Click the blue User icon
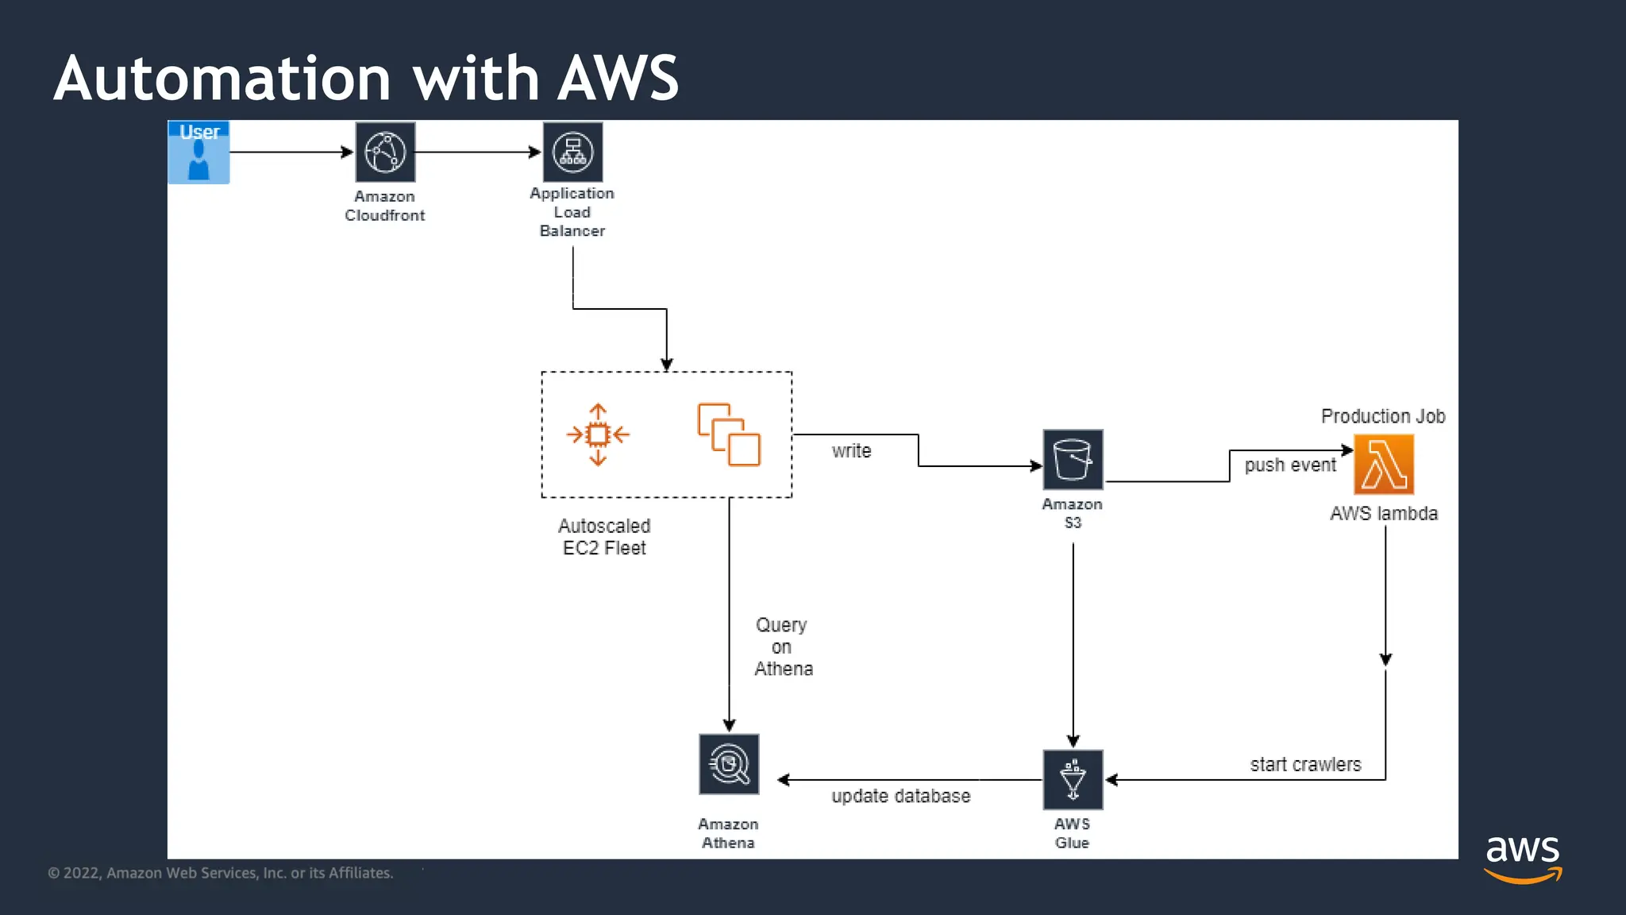click(198, 152)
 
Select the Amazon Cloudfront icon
click(385, 152)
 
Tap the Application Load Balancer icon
click(572, 152)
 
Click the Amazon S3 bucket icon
click(1073, 459)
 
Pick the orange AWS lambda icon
click(1384, 465)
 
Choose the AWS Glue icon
click(1073, 779)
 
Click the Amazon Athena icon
click(729, 764)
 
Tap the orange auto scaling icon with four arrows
click(598, 434)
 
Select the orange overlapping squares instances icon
click(729, 434)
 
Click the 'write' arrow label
click(851, 451)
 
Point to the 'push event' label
click(1290, 465)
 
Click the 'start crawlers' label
click(1305, 765)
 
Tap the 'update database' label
click(900, 796)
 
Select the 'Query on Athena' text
click(783, 647)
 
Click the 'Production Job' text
click(1382, 416)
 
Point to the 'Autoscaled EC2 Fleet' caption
click(604, 537)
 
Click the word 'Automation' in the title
click(222, 79)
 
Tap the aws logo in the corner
click(1523, 858)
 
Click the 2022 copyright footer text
click(221, 873)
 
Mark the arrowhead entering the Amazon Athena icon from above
click(729, 724)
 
